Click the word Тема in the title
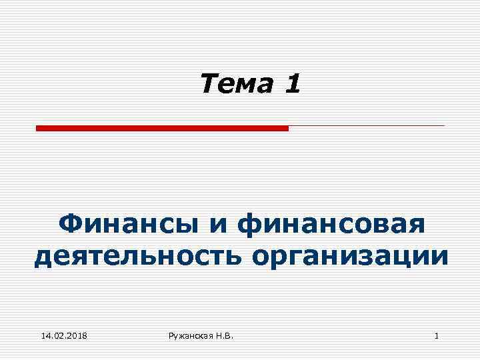236,84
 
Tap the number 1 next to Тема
292,84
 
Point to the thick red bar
162,127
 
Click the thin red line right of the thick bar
367,125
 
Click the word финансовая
333,223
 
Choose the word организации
351,255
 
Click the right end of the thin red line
443,125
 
